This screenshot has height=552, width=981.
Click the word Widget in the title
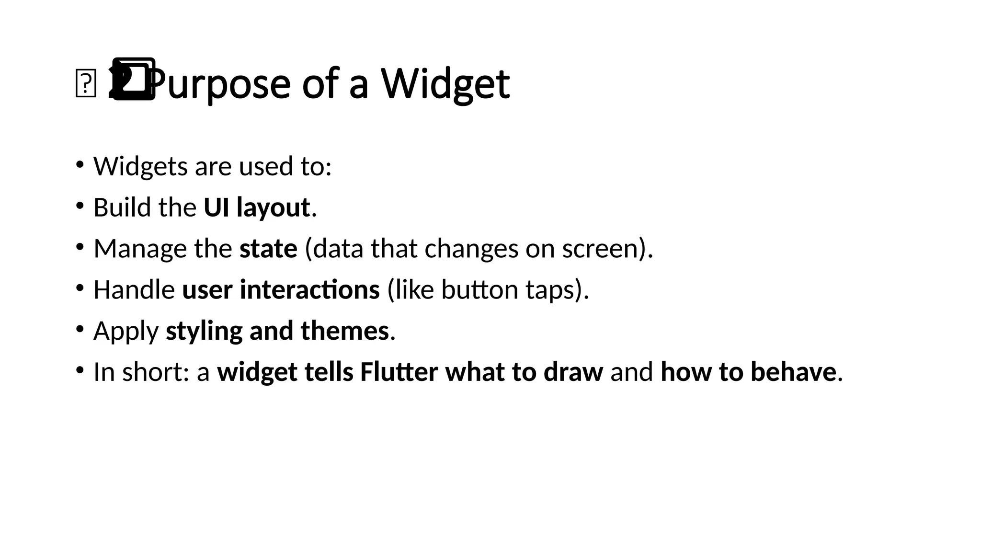coord(445,84)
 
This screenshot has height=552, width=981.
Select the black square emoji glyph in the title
coord(133,79)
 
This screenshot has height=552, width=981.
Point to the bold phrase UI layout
coord(257,208)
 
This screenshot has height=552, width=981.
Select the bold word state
coord(268,249)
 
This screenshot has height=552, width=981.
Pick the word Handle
coord(134,290)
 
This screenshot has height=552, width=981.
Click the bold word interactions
coord(309,290)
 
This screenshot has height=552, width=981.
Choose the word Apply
coord(126,331)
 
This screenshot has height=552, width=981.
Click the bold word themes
coord(344,331)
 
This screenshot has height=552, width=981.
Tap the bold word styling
coord(204,331)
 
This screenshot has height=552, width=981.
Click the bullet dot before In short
coord(80,370)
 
